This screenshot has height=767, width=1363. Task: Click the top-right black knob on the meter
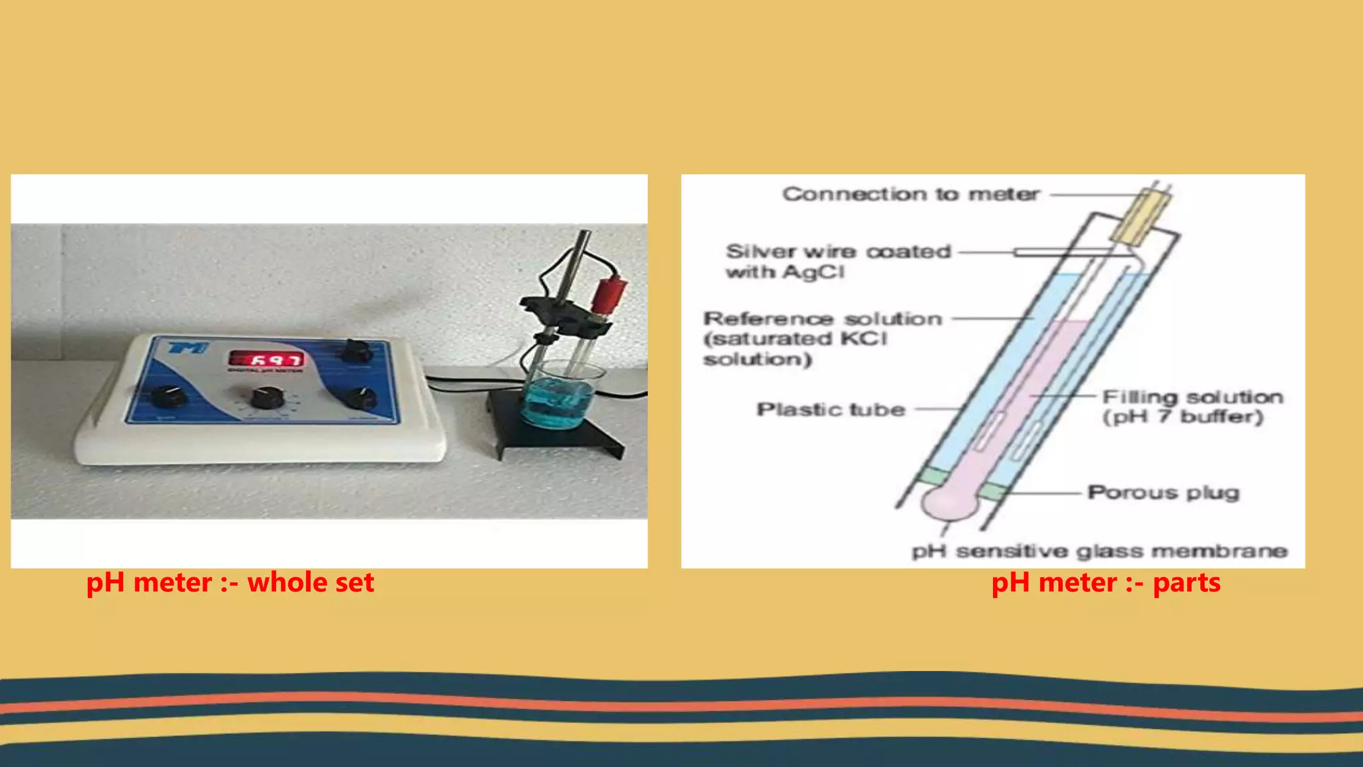(x=355, y=350)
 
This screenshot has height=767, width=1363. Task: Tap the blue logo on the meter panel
(x=188, y=348)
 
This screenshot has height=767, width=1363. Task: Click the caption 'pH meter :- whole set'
(x=230, y=583)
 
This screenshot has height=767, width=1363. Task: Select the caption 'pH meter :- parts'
(x=1105, y=583)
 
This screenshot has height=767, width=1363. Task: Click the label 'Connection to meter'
(x=910, y=194)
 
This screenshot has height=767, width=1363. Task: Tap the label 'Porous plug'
(x=1163, y=493)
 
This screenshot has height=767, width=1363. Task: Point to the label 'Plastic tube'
(x=831, y=409)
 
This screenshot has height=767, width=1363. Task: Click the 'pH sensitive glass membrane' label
(x=1099, y=551)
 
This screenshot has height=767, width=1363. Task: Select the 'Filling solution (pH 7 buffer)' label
(x=1192, y=407)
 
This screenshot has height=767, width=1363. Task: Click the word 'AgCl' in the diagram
(x=813, y=272)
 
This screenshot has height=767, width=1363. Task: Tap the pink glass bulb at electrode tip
(x=949, y=503)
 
